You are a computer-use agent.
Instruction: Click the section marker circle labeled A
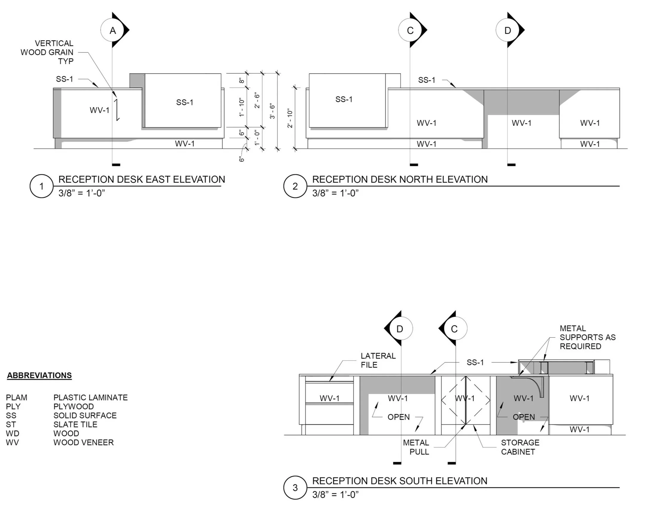[x=112, y=30]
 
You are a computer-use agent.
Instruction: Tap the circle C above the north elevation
[x=410, y=30]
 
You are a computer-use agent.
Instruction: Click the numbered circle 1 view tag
[x=41, y=186]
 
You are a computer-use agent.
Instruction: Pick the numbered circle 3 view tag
[x=295, y=488]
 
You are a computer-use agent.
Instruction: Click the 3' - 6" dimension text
[x=272, y=111]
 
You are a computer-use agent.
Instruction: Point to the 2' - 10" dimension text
[x=290, y=118]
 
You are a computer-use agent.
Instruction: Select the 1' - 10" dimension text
[x=241, y=107]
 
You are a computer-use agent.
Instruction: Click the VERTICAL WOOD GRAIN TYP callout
[x=47, y=52]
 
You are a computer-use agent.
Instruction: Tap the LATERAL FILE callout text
[x=378, y=360]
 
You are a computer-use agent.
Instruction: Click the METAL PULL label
[x=416, y=447]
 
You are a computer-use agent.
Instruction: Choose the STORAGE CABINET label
[x=520, y=447]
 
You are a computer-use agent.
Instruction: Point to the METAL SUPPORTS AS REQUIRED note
[x=587, y=337]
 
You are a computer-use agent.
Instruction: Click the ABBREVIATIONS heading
[x=39, y=375]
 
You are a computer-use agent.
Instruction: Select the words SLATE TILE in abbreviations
[x=75, y=424]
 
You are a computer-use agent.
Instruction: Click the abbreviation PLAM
[x=16, y=397]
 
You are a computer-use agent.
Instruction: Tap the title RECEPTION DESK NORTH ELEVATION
[x=400, y=179]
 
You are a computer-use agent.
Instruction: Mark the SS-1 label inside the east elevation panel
[x=185, y=103]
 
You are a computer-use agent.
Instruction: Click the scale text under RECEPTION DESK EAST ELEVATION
[x=82, y=193]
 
